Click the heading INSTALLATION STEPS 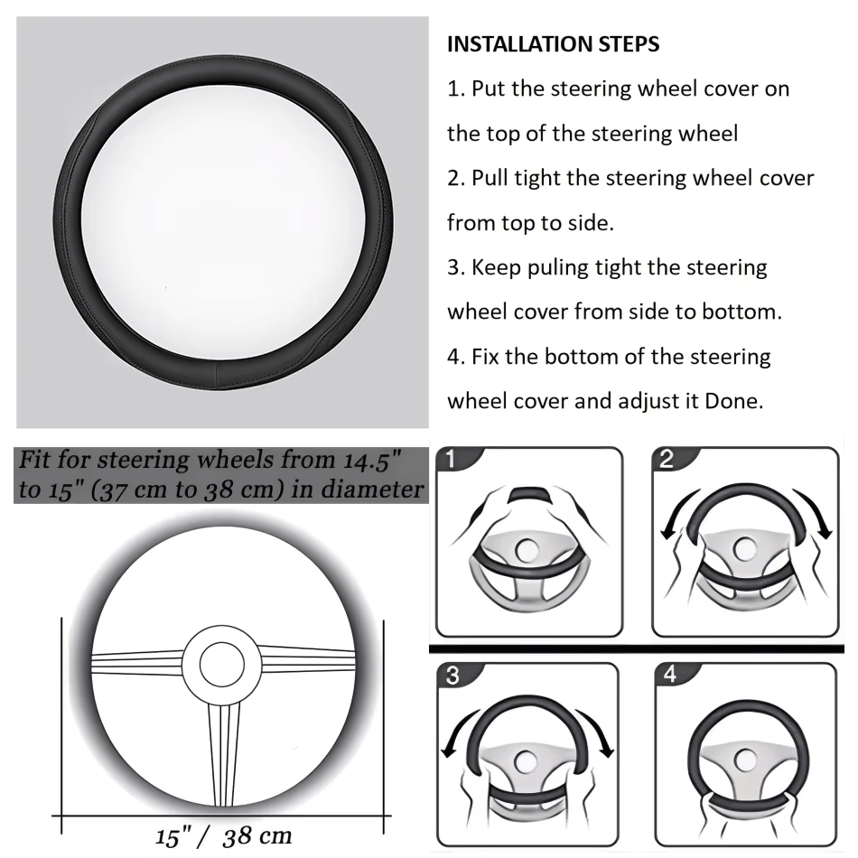(x=553, y=44)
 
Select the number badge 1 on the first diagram (x=451, y=460)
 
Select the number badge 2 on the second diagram (x=667, y=460)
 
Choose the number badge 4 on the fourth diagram (x=669, y=676)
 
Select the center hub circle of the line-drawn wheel (x=222, y=665)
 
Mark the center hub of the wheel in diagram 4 (x=745, y=760)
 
